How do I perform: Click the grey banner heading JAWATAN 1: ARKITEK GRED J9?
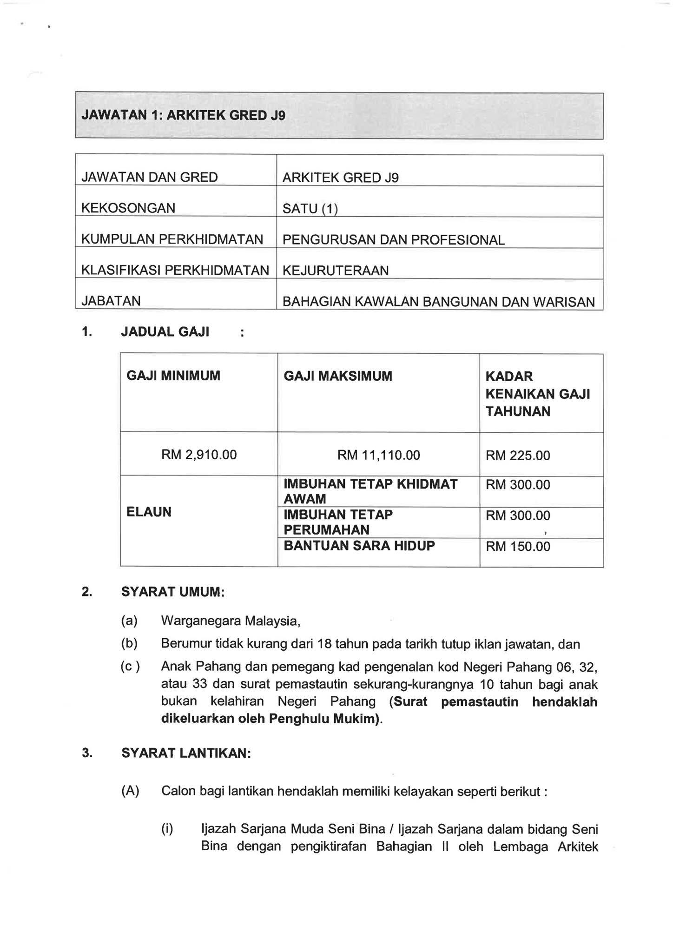tap(183, 115)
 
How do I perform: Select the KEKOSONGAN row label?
tap(128, 208)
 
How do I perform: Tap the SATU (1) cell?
tap(310, 209)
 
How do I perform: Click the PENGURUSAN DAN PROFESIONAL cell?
tap(393, 240)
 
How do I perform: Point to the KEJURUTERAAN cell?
tap(336, 271)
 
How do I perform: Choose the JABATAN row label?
tap(111, 301)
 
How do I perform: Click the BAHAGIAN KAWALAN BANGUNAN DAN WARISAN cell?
tap(438, 302)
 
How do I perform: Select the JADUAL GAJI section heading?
tap(165, 332)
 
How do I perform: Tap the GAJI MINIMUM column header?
tap(173, 376)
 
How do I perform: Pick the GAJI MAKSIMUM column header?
tap(338, 376)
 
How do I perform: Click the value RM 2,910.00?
tap(199, 454)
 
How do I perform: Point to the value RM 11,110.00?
tap(378, 455)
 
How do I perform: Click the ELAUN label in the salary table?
tap(149, 512)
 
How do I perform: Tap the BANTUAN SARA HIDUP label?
tap(359, 545)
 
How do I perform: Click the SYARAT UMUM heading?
tap(173, 592)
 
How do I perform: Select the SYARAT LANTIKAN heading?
tap(186, 753)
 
